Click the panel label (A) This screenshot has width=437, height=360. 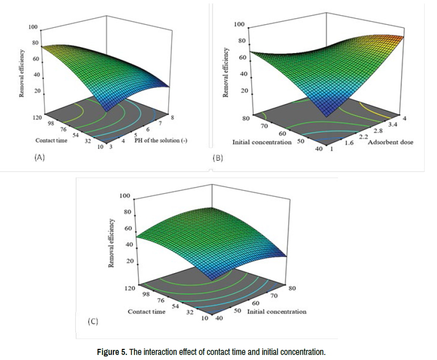click(39, 157)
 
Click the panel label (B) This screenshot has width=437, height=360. click(217, 158)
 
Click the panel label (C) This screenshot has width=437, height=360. click(93, 321)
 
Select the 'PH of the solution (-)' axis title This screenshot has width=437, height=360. click(161, 140)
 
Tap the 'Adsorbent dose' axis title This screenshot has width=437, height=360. click(390, 142)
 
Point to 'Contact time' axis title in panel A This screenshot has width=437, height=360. click(51, 140)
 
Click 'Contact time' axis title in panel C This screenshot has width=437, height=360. click(146, 311)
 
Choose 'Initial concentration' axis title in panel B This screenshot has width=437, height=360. click(261, 142)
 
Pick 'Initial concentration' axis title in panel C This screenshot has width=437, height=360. click(277, 311)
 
